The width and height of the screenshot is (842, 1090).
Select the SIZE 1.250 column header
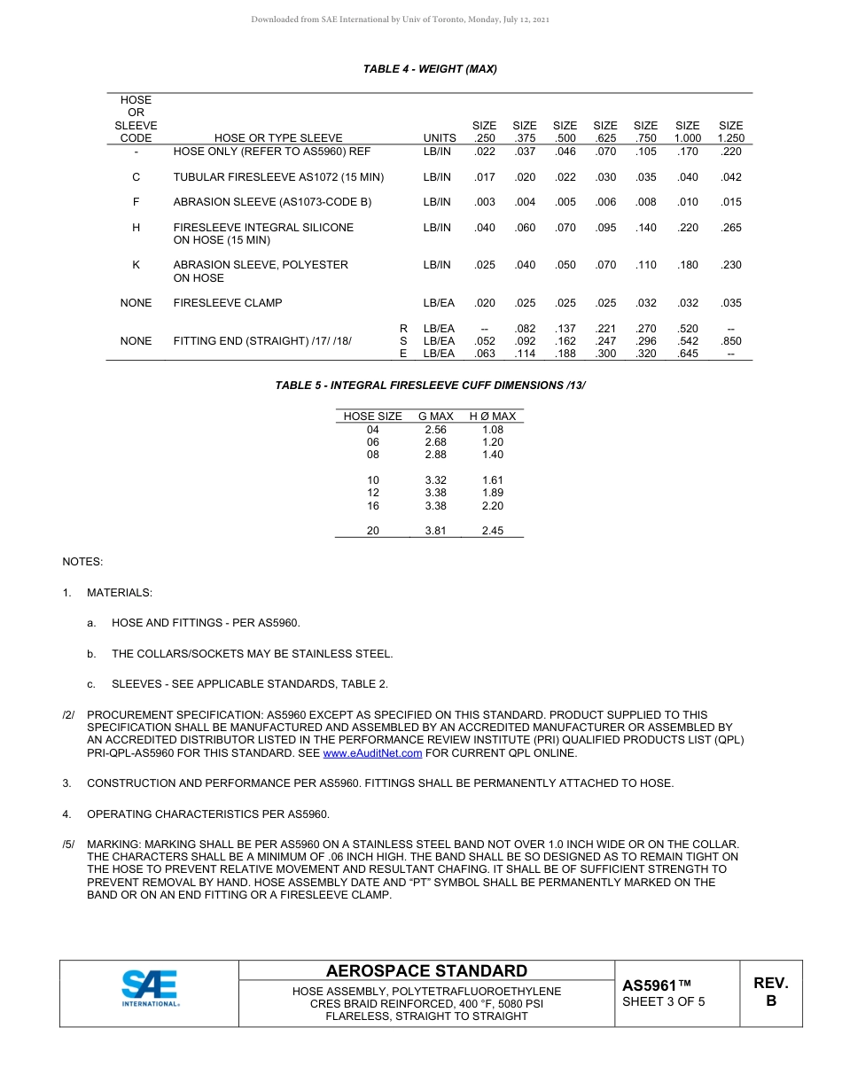click(730, 132)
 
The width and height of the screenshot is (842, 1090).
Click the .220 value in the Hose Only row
click(730, 152)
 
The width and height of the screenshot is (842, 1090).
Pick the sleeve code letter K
click(136, 265)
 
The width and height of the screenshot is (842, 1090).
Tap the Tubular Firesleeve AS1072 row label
click(278, 177)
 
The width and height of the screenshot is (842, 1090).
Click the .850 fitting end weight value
click(730, 341)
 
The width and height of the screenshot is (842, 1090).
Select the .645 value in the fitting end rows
click(687, 354)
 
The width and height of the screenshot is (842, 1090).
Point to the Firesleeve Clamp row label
click(228, 303)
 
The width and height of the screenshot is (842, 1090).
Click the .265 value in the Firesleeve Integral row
click(730, 228)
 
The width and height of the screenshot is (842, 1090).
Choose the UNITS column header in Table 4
click(440, 138)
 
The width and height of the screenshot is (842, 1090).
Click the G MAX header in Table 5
click(435, 417)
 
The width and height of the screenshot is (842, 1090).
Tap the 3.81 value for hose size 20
click(435, 531)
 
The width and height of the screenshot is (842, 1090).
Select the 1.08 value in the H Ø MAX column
click(492, 430)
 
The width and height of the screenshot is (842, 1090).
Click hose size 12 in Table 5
click(372, 493)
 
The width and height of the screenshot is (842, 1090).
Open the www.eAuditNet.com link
click(372, 753)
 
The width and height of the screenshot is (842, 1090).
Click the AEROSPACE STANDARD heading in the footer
click(426, 971)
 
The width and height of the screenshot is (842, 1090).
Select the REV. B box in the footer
click(770, 992)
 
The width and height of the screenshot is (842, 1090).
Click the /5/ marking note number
click(68, 845)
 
